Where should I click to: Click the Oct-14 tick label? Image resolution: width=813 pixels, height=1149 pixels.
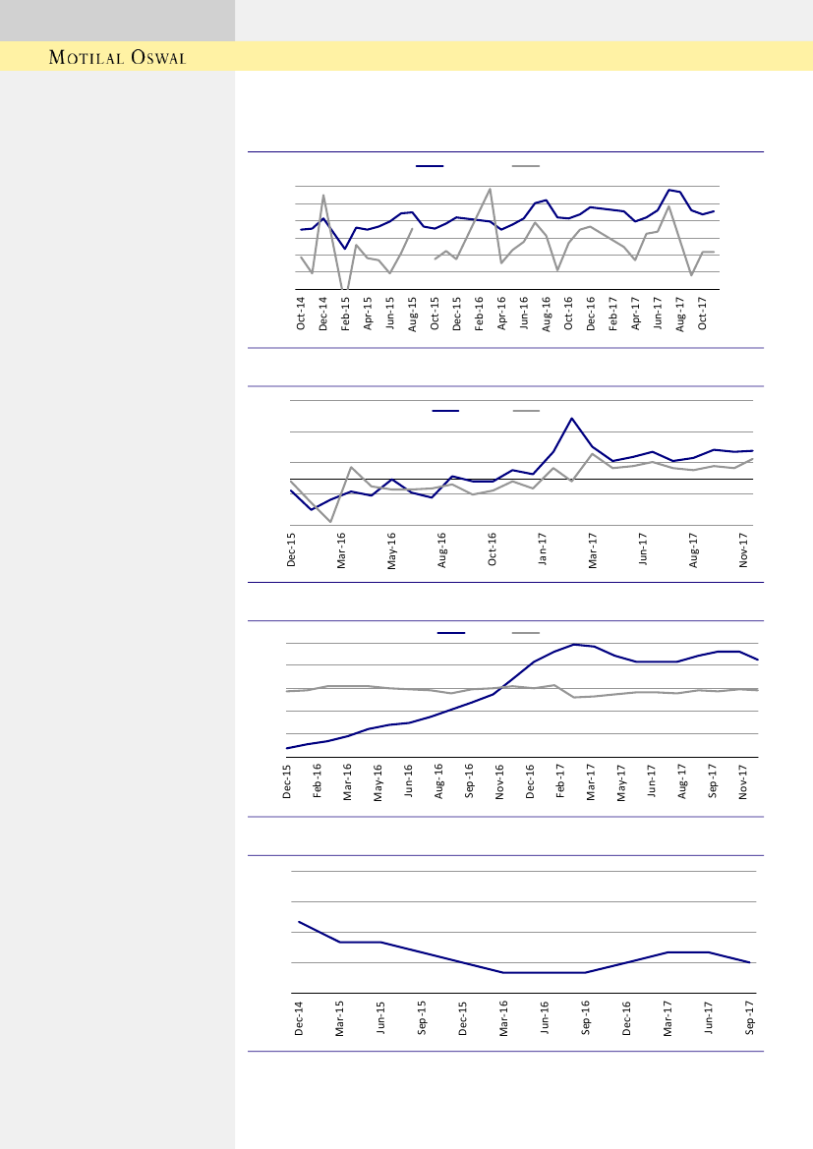(302, 312)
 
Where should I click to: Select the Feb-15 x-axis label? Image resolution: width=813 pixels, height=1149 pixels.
(346, 312)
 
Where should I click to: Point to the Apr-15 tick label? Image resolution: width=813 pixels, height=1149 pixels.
(369, 312)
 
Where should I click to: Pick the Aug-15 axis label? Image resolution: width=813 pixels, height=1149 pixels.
(413, 312)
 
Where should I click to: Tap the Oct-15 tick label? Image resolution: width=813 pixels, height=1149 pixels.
(436, 312)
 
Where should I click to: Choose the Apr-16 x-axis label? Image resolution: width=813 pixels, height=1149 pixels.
(502, 312)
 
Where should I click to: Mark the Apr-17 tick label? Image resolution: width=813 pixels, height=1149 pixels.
(636, 312)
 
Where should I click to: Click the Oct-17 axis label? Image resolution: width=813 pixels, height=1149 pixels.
(703, 312)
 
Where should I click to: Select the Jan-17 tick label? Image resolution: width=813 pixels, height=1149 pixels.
(543, 547)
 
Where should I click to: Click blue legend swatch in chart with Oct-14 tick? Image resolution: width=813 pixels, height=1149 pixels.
(430, 167)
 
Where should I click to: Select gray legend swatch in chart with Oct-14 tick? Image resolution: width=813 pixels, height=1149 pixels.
(526, 167)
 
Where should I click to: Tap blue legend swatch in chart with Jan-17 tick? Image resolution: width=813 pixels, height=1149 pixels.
(446, 410)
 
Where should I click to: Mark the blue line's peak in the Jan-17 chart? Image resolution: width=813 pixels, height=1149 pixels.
(571, 419)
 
